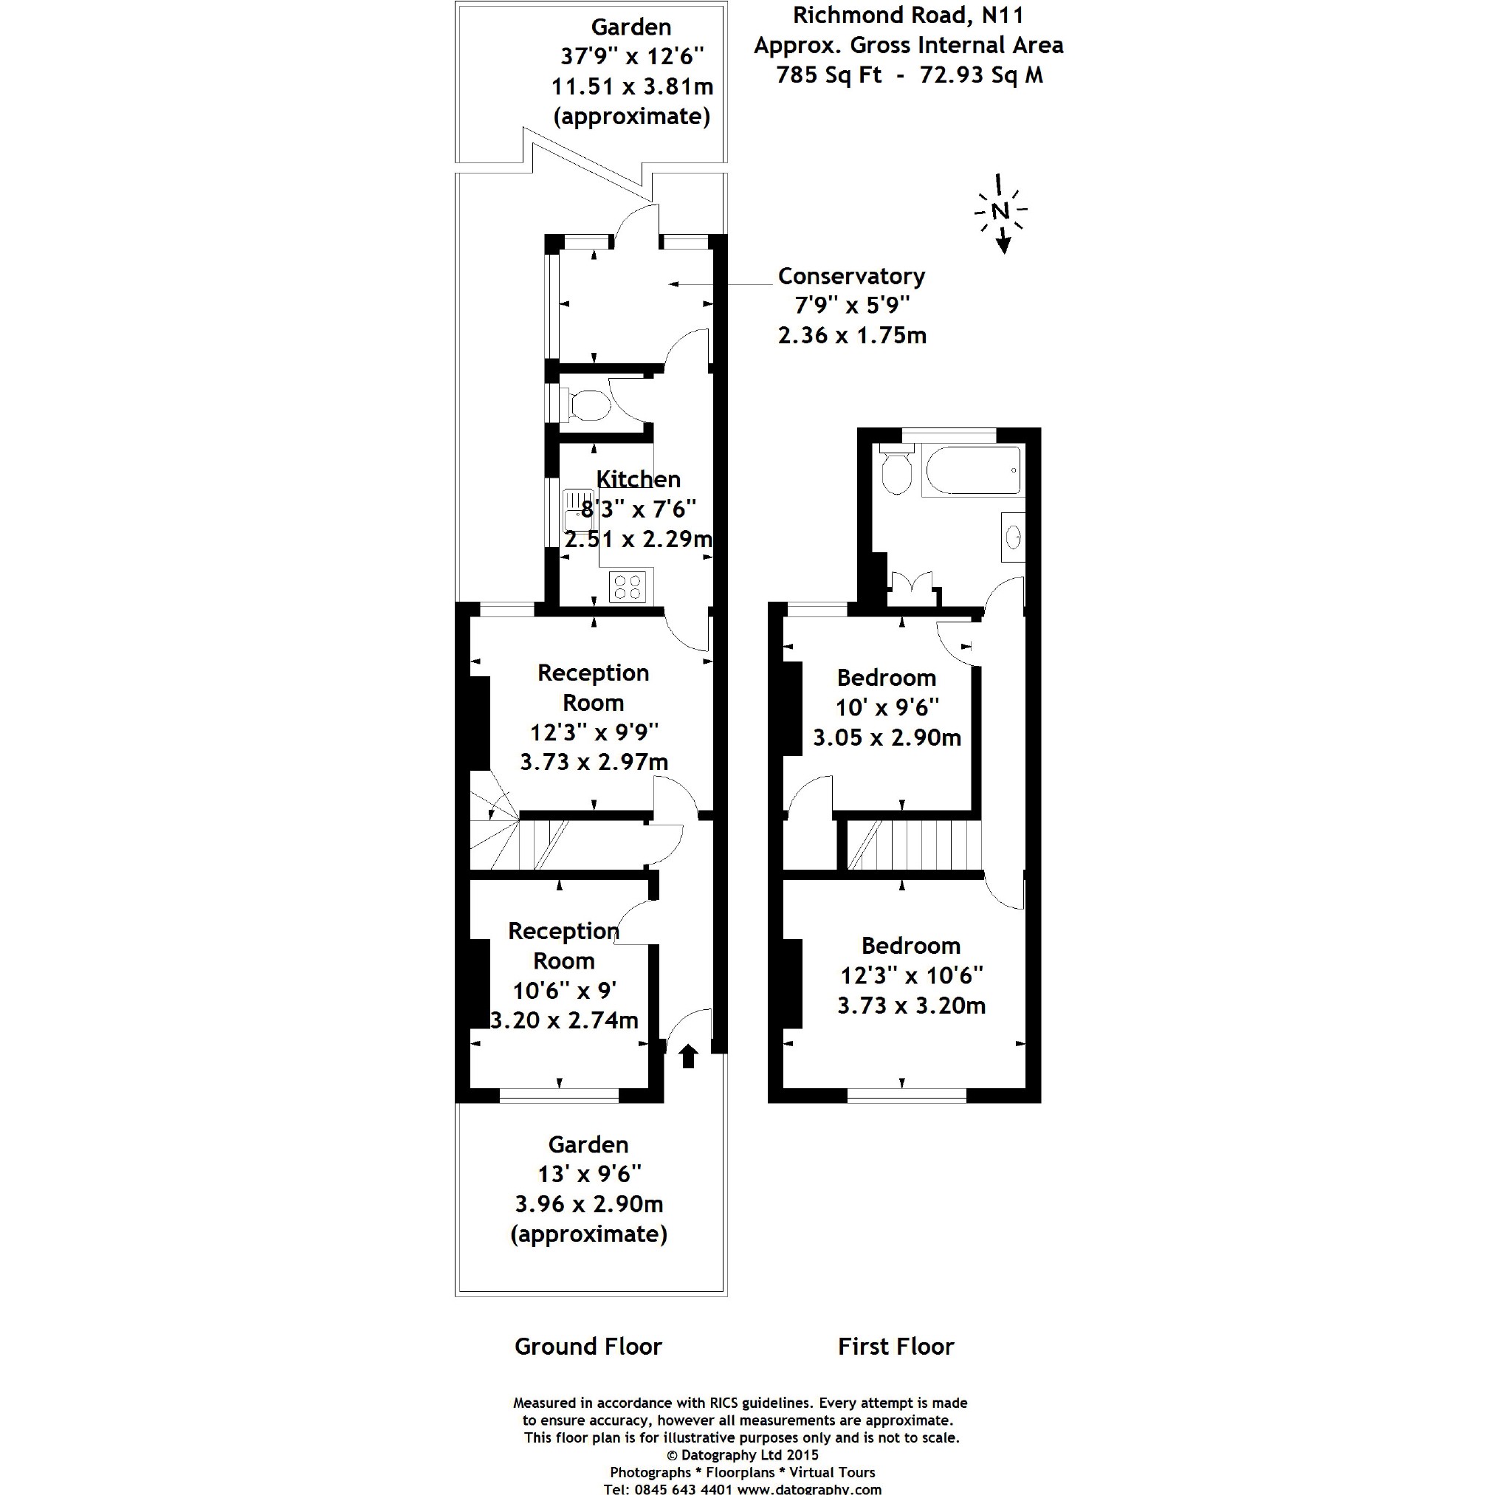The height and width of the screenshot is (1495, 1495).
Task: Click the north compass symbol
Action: (x=1000, y=212)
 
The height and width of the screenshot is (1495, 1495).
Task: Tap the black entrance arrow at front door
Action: (x=688, y=1056)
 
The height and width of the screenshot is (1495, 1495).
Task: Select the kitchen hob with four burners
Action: (x=627, y=586)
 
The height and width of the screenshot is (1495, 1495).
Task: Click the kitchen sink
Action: (x=578, y=509)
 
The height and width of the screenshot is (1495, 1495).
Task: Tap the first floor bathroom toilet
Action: (x=897, y=469)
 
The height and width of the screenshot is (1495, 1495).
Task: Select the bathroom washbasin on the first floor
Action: (x=1013, y=536)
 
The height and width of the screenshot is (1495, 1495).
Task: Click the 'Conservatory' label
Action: (x=851, y=276)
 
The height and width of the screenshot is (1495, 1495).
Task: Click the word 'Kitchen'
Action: (x=639, y=479)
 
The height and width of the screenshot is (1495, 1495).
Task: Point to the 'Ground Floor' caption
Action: (x=588, y=1347)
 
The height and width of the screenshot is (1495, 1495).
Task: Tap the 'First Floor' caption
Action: (x=896, y=1347)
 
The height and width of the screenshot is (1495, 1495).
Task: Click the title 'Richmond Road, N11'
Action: (x=909, y=15)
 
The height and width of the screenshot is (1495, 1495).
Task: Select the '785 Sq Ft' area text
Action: (x=829, y=75)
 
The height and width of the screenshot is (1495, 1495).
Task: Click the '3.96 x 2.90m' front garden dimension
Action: (x=589, y=1204)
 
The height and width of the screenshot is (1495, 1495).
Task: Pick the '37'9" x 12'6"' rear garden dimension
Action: (x=632, y=57)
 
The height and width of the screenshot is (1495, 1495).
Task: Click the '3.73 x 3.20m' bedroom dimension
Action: (x=912, y=1006)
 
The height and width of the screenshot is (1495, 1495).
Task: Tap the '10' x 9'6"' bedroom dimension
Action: (x=887, y=707)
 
